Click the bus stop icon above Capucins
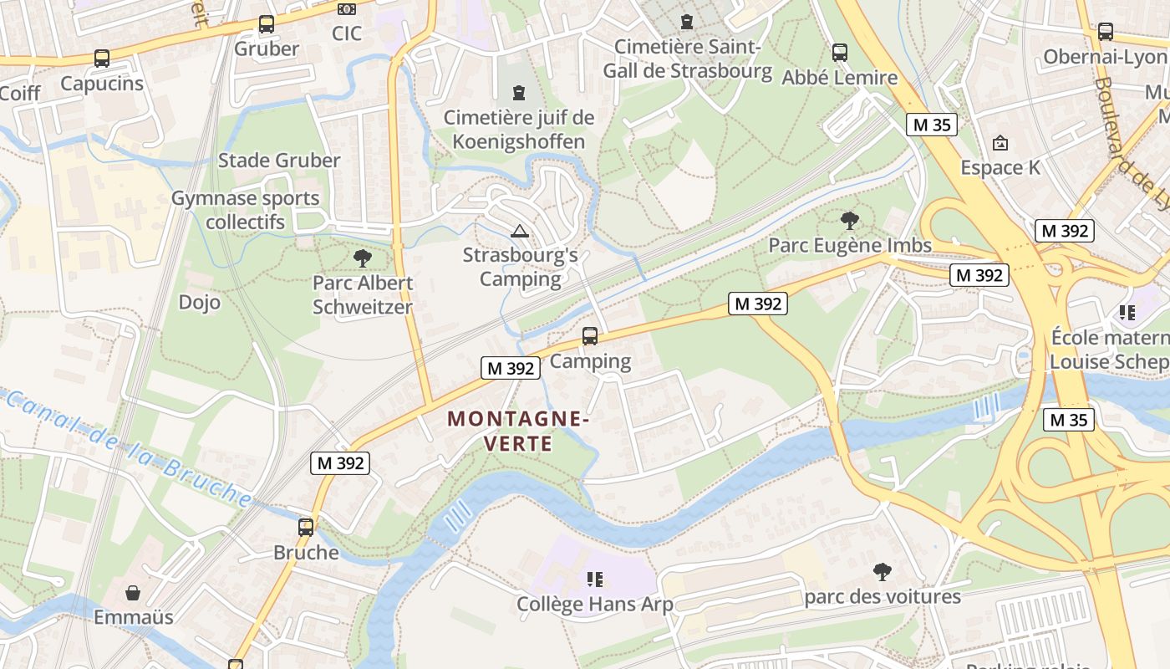tap(101, 59)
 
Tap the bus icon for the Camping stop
tap(590, 336)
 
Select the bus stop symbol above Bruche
tap(306, 527)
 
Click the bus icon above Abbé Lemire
tap(840, 52)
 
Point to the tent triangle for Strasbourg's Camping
tap(520, 231)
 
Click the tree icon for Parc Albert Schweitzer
tap(363, 258)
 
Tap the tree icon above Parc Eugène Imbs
tap(850, 221)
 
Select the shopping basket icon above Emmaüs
tap(133, 593)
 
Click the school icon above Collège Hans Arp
tap(595, 579)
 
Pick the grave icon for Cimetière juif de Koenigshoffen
tap(520, 91)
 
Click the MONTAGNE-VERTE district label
tap(519, 430)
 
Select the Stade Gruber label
tap(279, 160)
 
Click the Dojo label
tap(200, 302)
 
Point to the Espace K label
tap(1000, 167)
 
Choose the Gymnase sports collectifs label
tap(246, 210)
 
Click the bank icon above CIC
tap(346, 9)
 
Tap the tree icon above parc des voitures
tap(882, 572)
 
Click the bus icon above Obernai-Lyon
tap(1105, 32)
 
